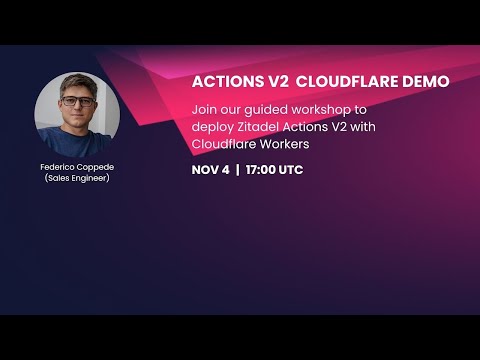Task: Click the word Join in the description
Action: click(204, 109)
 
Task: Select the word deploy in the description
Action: click(214, 126)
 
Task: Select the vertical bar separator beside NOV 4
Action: click(238, 170)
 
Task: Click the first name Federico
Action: click(58, 168)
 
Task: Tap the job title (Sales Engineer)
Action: click(77, 181)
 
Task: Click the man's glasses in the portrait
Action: click(77, 102)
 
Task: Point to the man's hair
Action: click(77, 82)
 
